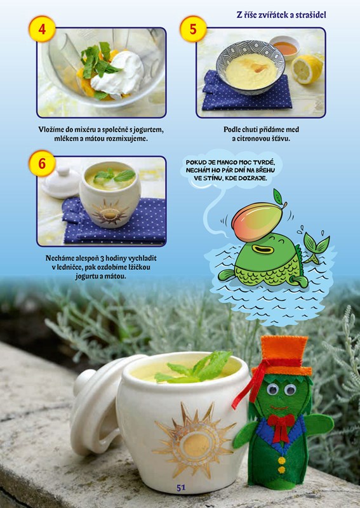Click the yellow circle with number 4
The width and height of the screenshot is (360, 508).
(42, 29)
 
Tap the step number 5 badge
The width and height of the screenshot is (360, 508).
(193, 29)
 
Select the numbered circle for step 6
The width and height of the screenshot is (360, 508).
(42, 163)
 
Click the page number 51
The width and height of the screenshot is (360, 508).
(181, 488)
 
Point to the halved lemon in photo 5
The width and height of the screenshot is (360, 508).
(307, 69)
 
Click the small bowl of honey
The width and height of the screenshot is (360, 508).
(284, 48)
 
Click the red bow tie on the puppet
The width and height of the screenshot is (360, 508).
(281, 426)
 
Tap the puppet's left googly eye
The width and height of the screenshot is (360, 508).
(273, 389)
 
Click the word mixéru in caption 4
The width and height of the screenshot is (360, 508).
(84, 130)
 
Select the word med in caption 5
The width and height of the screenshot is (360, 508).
(293, 130)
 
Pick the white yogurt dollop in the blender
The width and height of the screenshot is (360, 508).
(118, 73)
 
